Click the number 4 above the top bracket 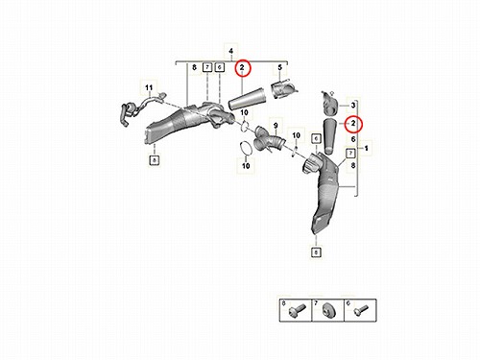pyautogui.click(x=231, y=51)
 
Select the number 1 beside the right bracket pyautogui.click(x=367, y=148)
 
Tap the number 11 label pyautogui.click(x=149, y=87)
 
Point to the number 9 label pyautogui.click(x=276, y=126)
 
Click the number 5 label pyautogui.click(x=280, y=67)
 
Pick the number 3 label pyautogui.click(x=353, y=105)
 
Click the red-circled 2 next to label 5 pyautogui.click(x=242, y=67)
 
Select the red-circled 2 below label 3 pyautogui.click(x=353, y=123)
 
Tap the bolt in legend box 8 pyautogui.click(x=297, y=310)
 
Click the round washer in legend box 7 pyautogui.click(x=328, y=310)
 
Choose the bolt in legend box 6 pyautogui.click(x=361, y=310)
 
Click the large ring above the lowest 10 pyautogui.click(x=246, y=149)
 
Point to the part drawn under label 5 pyautogui.click(x=284, y=89)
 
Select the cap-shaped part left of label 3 pyautogui.click(x=329, y=103)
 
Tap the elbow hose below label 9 pyautogui.click(x=270, y=140)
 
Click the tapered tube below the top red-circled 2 pyautogui.click(x=248, y=100)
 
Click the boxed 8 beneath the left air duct pyautogui.click(x=155, y=160)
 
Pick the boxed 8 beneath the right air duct pyautogui.click(x=316, y=252)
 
